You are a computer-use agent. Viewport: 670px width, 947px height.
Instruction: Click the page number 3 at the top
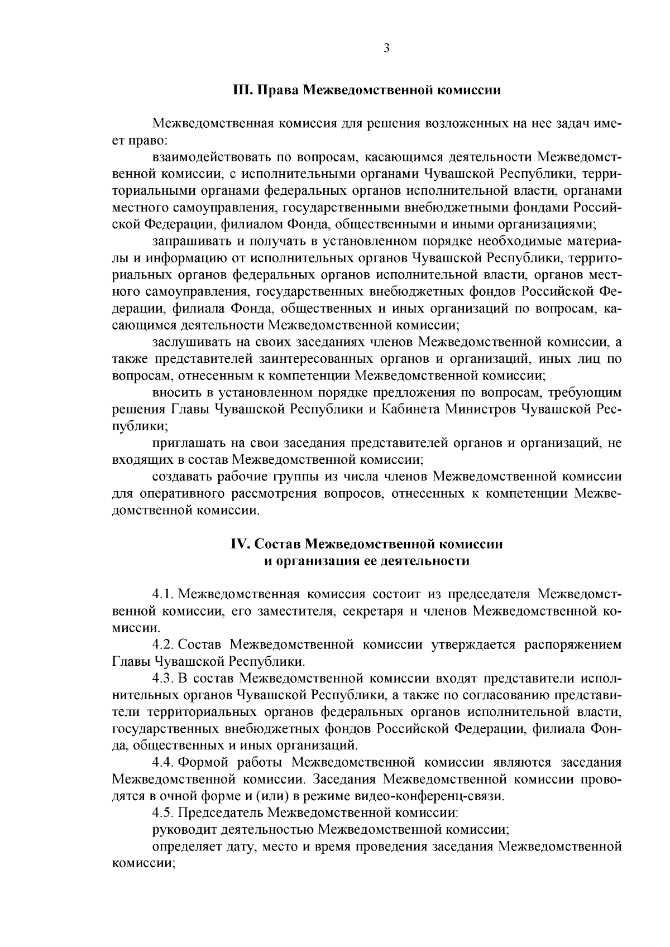point(387,48)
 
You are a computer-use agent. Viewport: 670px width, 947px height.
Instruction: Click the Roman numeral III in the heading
point(243,90)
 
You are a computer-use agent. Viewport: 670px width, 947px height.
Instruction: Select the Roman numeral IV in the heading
point(241,544)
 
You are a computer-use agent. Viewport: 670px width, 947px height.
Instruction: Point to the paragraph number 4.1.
point(163,592)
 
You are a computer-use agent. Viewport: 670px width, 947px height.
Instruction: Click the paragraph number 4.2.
point(163,645)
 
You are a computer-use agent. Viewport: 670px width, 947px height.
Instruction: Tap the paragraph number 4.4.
point(163,762)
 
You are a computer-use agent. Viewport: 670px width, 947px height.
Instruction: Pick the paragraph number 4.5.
point(163,813)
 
